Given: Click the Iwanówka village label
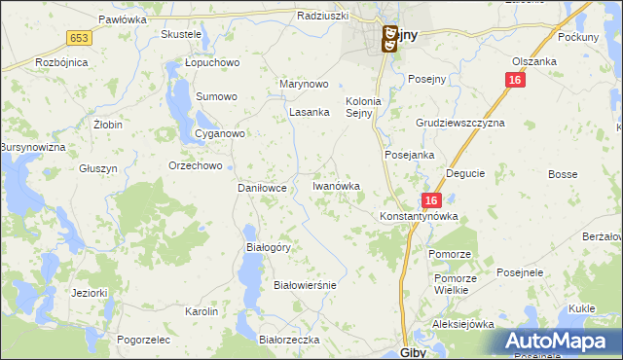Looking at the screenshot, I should tap(336, 185).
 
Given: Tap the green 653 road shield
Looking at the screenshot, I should tap(79, 37).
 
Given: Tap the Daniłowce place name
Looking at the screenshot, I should tap(262, 188).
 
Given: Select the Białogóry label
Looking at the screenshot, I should tap(268, 247).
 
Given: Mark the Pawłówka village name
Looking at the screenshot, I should tap(122, 18).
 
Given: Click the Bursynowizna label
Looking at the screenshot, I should tap(31, 146).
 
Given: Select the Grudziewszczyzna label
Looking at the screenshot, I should tap(460, 125).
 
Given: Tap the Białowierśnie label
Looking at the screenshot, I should tap(305, 285).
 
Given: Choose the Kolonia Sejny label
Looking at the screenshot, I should tap(367, 106).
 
